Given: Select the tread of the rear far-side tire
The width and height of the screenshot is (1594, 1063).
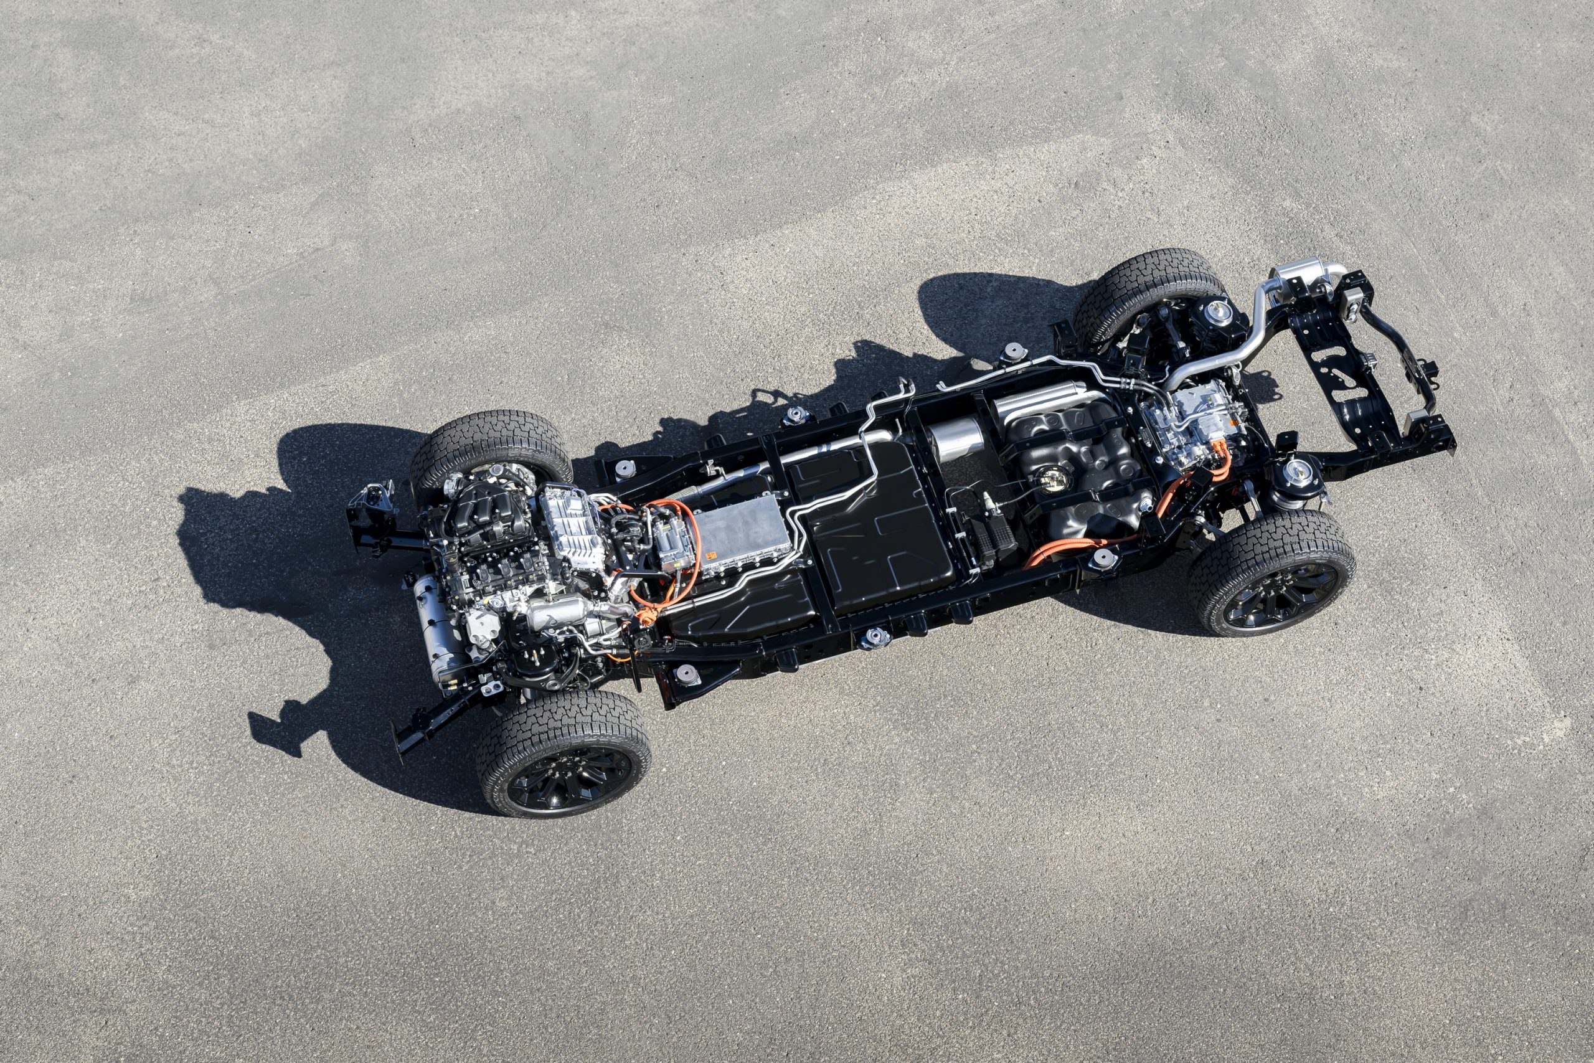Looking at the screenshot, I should click(1145, 271).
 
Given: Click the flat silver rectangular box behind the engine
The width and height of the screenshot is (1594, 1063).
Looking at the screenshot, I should click(742, 533).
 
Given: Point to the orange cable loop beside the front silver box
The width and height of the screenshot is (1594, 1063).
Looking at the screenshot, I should click(677, 536).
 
